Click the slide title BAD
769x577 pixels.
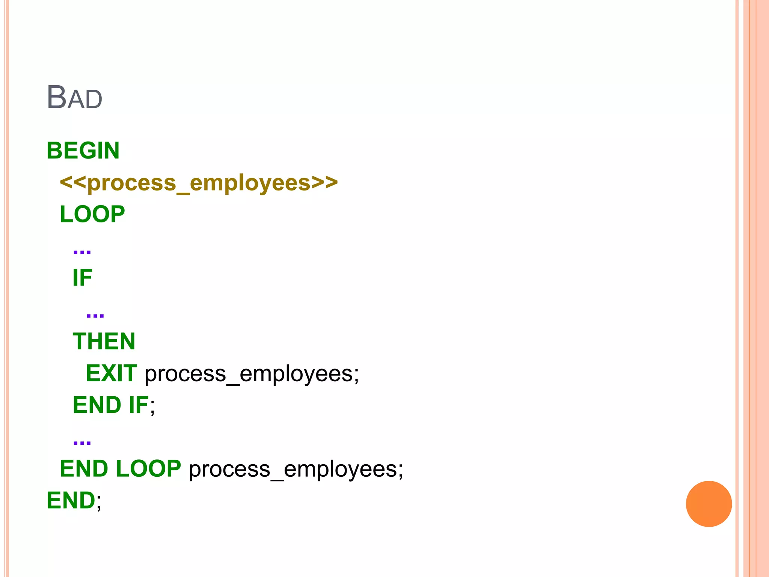coord(74,98)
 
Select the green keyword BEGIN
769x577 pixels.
coord(83,151)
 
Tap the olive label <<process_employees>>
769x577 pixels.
coord(199,183)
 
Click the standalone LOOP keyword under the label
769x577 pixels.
coord(92,214)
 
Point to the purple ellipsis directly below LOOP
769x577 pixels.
coord(82,251)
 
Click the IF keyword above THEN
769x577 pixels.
coord(82,278)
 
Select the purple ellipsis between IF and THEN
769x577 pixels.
coord(95,315)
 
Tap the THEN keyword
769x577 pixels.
coord(104,341)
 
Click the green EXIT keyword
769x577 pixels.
coord(112,373)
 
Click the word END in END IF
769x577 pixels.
coord(97,405)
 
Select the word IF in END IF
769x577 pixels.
coord(139,405)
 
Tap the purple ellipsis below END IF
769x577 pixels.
coord(82,442)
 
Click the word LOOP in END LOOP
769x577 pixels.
coord(148,468)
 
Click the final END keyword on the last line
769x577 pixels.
coord(71,500)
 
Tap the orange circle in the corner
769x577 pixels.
coord(709,504)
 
